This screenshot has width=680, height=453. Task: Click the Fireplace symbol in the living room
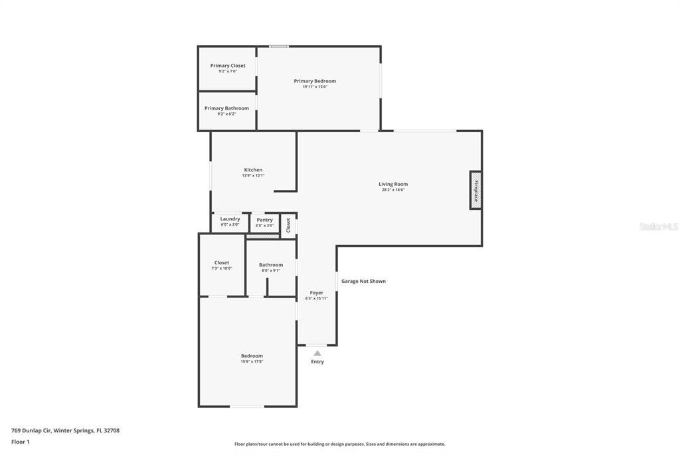pyautogui.click(x=475, y=190)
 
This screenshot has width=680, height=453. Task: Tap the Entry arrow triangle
pyautogui.click(x=317, y=353)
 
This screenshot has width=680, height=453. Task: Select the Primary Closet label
pyautogui.click(x=228, y=66)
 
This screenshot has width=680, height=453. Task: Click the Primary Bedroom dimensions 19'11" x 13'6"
pyautogui.click(x=315, y=87)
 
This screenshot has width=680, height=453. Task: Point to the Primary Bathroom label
pyautogui.click(x=227, y=108)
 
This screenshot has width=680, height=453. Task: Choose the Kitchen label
pyautogui.click(x=253, y=169)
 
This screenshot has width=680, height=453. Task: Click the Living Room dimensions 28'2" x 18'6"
pyautogui.click(x=393, y=189)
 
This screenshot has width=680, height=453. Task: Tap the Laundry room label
pyautogui.click(x=230, y=219)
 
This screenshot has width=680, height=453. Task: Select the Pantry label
pyautogui.click(x=264, y=220)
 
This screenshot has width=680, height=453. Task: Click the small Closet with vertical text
pyautogui.click(x=288, y=225)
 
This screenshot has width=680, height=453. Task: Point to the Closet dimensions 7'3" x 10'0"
pyautogui.click(x=222, y=268)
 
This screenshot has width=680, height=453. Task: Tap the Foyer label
pyautogui.click(x=317, y=293)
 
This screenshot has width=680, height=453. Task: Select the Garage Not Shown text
pyautogui.click(x=363, y=281)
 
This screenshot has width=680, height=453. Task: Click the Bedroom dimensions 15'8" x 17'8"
pyautogui.click(x=252, y=361)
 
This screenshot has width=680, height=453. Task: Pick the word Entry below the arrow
pyautogui.click(x=317, y=361)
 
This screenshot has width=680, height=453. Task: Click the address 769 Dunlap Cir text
pyautogui.click(x=31, y=430)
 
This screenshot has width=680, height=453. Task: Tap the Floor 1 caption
pyautogui.click(x=21, y=442)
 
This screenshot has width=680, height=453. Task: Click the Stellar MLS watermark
pyautogui.click(x=659, y=226)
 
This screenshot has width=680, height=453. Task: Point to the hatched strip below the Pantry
pyautogui.click(x=263, y=236)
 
